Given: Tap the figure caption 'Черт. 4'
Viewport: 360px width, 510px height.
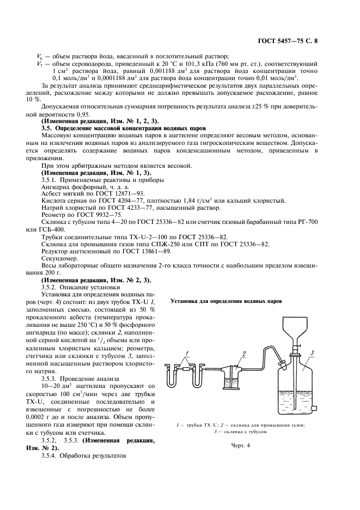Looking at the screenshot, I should point(240,445).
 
